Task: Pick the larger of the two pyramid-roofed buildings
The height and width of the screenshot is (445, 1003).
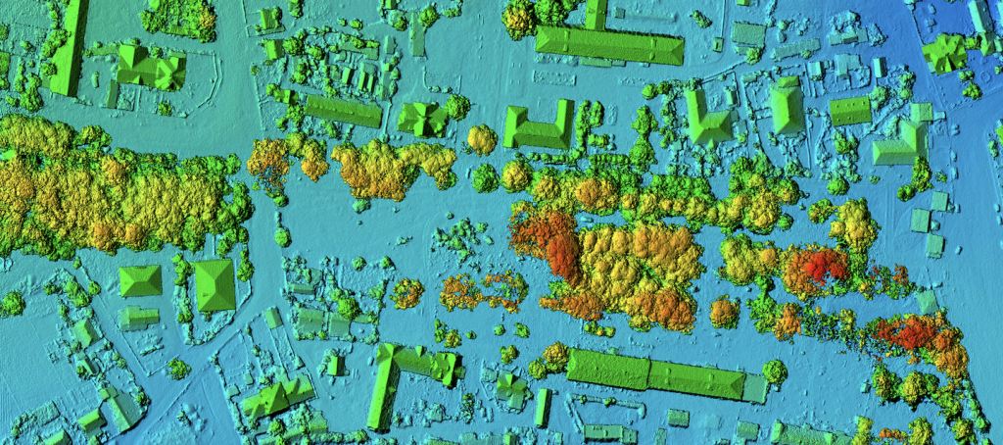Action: click(x=215, y=284)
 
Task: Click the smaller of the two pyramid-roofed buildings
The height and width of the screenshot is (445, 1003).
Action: click(x=140, y=281)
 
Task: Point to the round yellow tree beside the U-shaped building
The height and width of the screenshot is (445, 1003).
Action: click(x=481, y=139)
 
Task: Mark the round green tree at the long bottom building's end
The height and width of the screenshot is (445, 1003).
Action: click(x=775, y=371)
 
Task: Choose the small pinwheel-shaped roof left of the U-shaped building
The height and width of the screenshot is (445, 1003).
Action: click(x=423, y=118)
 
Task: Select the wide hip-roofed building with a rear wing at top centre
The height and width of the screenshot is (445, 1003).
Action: click(x=607, y=43)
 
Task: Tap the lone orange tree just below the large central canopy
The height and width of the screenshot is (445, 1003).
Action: click(x=724, y=313)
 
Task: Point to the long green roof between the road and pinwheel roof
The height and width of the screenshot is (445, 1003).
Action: click(x=342, y=111)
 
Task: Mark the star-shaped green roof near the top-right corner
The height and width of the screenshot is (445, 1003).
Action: click(x=945, y=52)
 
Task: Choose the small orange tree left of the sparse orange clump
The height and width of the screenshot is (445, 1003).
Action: click(x=407, y=293)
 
